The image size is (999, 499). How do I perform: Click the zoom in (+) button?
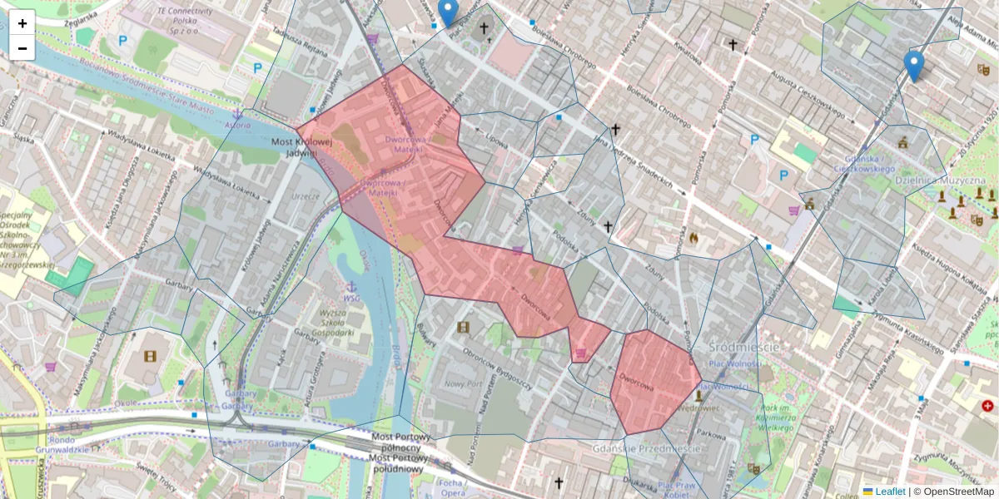22,23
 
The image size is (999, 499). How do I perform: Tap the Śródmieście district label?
743,347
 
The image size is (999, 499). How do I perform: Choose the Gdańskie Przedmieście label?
646,448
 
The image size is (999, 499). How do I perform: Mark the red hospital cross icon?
987,407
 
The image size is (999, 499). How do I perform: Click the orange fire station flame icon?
693,238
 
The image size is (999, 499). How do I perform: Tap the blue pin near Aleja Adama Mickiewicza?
914,65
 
